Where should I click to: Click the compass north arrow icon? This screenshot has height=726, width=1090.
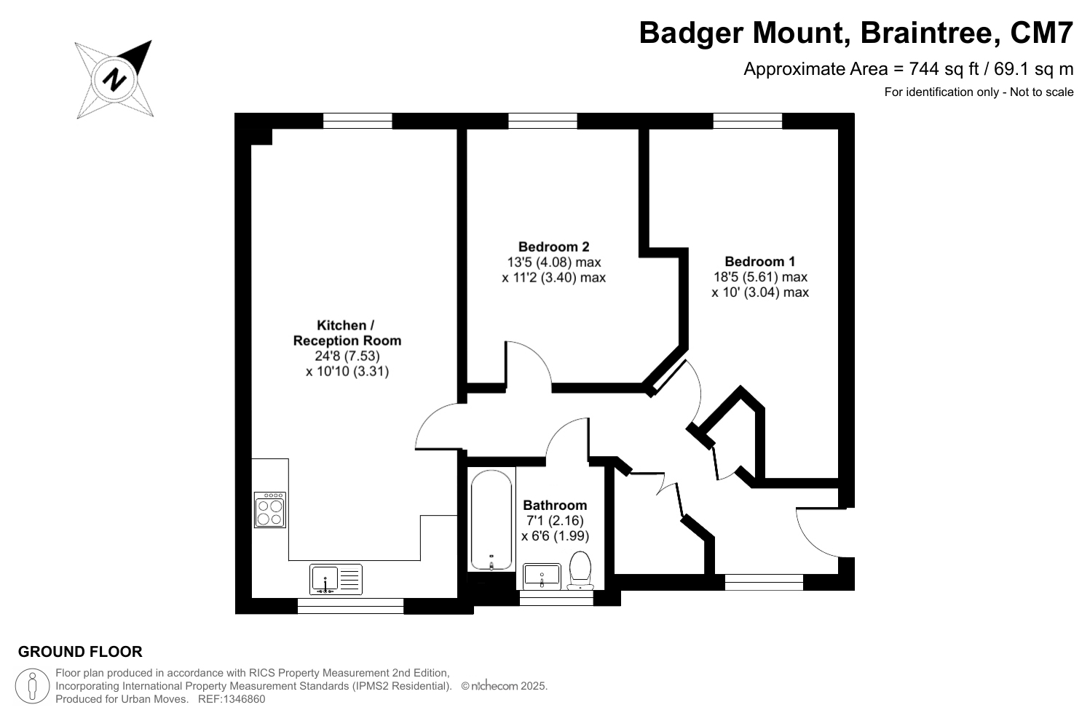point(115,79)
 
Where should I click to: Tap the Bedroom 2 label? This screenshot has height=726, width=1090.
point(553,247)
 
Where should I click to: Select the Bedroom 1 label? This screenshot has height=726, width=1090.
point(759,261)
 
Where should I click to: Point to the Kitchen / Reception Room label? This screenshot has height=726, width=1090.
point(347,332)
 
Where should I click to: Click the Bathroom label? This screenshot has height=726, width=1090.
point(555,505)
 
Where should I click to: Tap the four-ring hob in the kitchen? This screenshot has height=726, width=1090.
point(269,509)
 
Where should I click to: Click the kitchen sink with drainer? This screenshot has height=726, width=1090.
point(336,579)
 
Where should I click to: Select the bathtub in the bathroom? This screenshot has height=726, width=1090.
point(491,521)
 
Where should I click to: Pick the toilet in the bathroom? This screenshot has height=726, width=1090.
point(580,570)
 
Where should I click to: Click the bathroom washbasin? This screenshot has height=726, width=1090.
point(542,575)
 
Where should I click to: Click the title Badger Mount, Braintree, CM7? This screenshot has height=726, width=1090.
point(856,33)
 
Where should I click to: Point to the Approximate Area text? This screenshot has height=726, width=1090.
point(908,69)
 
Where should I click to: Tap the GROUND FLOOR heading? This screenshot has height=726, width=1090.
point(80,652)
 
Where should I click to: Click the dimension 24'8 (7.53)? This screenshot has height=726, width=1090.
point(347,356)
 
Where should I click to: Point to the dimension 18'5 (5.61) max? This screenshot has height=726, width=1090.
point(760,276)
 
